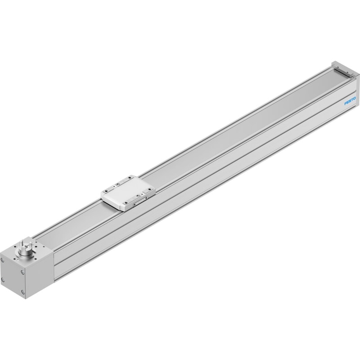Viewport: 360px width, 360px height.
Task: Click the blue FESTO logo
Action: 350,100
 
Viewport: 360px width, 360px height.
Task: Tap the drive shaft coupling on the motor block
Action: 25,249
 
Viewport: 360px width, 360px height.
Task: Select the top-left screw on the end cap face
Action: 3,260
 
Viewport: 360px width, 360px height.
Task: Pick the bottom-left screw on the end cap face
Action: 3,279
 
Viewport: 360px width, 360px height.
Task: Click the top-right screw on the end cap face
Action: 22,272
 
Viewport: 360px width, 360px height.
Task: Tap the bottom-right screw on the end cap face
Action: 22,292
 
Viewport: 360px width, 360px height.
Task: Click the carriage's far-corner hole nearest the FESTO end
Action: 130,177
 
